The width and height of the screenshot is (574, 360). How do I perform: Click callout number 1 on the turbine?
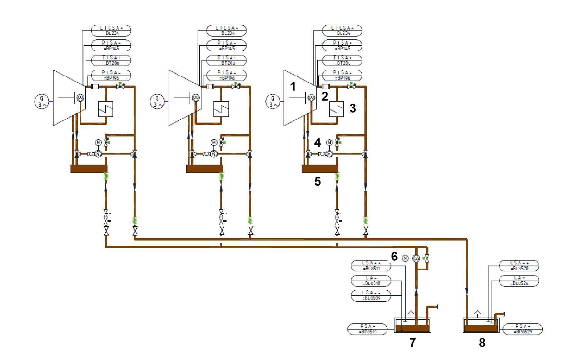[x=293, y=87]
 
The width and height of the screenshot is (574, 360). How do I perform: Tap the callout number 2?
[x=325, y=96]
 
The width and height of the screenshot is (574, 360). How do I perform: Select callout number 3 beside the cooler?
[x=352, y=108]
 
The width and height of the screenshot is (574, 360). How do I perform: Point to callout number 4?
[x=317, y=143]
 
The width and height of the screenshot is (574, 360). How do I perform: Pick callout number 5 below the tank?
[x=317, y=181]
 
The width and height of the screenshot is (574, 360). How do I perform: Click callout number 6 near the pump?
[x=394, y=256]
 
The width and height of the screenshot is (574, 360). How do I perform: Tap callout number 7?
[x=413, y=342]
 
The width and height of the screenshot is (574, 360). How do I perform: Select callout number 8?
[x=482, y=342]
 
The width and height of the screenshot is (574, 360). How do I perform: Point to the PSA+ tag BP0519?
[x=368, y=329]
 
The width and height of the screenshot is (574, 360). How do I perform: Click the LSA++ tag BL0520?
[x=519, y=266]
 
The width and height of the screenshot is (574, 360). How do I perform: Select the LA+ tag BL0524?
[x=519, y=281]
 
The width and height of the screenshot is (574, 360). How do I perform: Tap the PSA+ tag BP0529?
[x=523, y=329]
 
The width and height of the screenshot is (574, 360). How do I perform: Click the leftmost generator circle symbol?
[x=42, y=102]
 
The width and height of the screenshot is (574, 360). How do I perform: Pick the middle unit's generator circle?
[x=157, y=102]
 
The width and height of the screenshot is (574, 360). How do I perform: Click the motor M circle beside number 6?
[x=405, y=258]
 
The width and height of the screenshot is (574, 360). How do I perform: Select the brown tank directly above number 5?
[x=320, y=168]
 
